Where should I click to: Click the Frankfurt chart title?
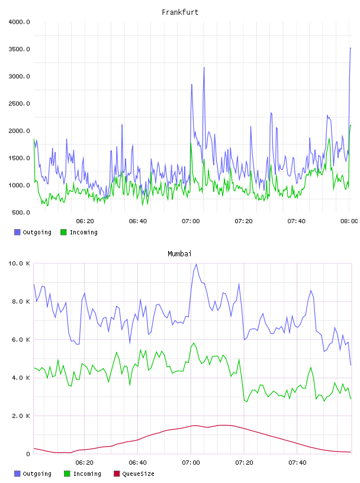click(x=180, y=12)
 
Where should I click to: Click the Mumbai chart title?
click(x=179, y=253)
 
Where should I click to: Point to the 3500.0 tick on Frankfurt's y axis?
click(x=19, y=49)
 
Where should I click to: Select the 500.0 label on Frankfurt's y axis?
click(x=21, y=212)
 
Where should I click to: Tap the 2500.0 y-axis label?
click(x=19, y=104)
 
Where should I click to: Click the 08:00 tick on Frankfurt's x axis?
click(x=349, y=221)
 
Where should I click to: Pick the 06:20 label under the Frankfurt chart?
click(x=85, y=221)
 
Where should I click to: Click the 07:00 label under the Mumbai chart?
click(x=191, y=463)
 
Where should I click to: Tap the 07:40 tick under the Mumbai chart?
click(x=297, y=463)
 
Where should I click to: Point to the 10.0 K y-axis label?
click(x=19, y=263)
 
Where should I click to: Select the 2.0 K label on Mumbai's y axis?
click(x=21, y=416)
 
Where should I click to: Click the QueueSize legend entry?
click(x=134, y=474)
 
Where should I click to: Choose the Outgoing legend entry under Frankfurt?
click(x=33, y=232)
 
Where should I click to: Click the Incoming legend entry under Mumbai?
click(x=82, y=474)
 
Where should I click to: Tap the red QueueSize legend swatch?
click(x=117, y=474)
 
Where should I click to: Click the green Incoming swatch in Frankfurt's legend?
click(x=63, y=232)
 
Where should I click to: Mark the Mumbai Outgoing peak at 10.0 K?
click(x=197, y=264)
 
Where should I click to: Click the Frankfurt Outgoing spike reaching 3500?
click(x=351, y=48)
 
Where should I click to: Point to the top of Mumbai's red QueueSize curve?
click(x=224, y=425)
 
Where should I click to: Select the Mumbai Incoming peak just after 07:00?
click(x=194, y=343)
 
